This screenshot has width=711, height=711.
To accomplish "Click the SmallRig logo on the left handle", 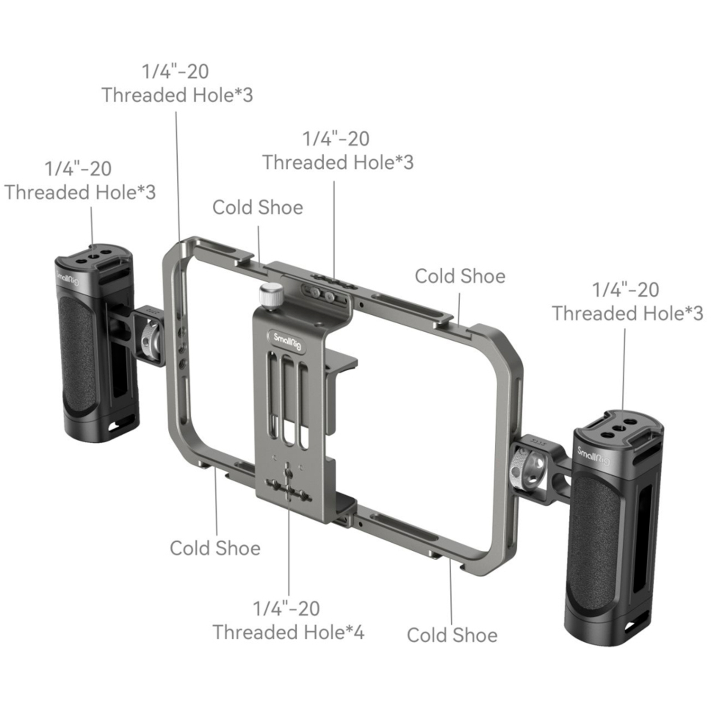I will coord(68,279).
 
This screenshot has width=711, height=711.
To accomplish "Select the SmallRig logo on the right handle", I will coord(593,457).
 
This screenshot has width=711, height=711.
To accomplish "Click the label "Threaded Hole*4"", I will coord(288,632).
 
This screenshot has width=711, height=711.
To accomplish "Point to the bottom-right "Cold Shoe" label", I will coord(452,635).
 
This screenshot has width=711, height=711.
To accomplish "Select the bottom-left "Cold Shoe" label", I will coord(215,548).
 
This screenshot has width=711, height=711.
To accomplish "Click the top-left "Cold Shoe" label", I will coord(257,208).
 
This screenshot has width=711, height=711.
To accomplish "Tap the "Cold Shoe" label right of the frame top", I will coord(460,276).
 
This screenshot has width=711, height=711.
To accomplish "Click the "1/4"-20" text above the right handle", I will coord(626,290).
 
